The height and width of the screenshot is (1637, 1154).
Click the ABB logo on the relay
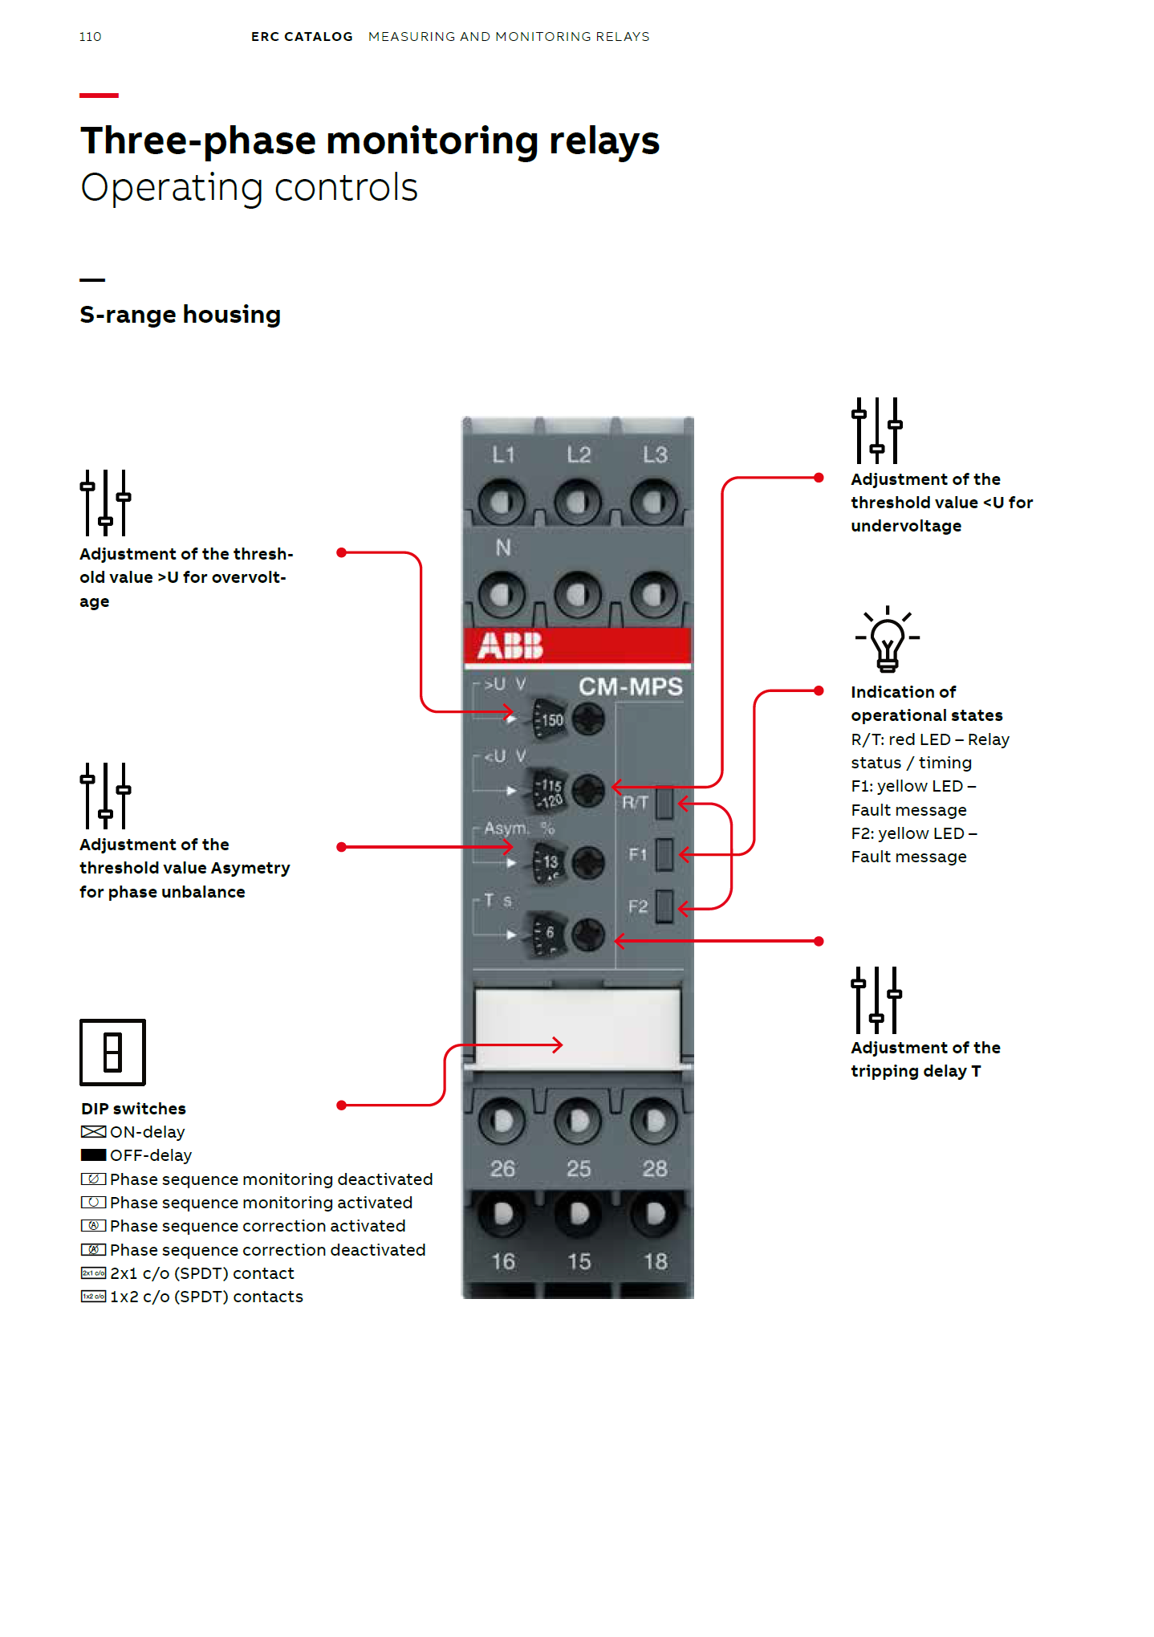point(510,645)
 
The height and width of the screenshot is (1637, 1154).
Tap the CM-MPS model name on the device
point(630,686)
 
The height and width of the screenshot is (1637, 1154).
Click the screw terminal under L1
point(501,503)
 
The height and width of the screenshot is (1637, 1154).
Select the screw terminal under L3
point(653,503)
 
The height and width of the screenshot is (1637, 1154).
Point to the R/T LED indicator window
point(664,802)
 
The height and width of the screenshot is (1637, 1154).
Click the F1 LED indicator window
point(664,855)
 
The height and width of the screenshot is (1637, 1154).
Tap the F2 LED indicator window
point(664,907)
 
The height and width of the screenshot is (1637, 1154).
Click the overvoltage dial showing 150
point(551,719)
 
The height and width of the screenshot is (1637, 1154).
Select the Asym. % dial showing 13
point(551,862)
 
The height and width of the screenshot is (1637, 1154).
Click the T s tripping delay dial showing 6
point(551,934)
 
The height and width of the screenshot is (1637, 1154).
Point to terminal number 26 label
point(502,1169)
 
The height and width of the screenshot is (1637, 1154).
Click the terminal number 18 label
point(655,1261)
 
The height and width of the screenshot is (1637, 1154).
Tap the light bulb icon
point(887,640)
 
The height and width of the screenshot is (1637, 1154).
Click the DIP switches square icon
point(112,1052)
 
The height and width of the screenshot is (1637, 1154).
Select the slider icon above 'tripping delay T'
point(876,1000)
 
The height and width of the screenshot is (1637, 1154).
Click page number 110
point(90,37)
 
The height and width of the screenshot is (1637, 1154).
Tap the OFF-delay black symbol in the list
point(93,1155)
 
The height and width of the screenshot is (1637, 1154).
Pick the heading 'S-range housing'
point(180,315)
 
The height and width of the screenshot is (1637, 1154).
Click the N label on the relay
point(503,548)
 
